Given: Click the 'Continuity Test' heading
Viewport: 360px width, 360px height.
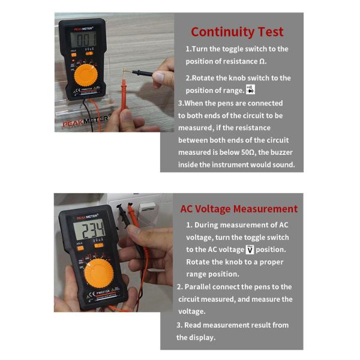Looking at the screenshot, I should pos(237,32).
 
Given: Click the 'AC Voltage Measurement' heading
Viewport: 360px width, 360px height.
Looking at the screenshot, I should pos(239,209).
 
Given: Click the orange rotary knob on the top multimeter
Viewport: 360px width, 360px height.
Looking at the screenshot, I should pos(86,76).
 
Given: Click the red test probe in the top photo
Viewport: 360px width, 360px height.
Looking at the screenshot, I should pos(124,96).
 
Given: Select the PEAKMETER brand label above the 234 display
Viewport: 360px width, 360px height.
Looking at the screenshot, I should pos(86,217).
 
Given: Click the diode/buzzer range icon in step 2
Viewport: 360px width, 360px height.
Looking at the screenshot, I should pos(251,90).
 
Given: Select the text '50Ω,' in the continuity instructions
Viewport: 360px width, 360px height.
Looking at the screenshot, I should pos(251,152).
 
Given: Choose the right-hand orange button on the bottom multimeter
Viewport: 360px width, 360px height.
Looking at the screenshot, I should pos(98,245).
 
